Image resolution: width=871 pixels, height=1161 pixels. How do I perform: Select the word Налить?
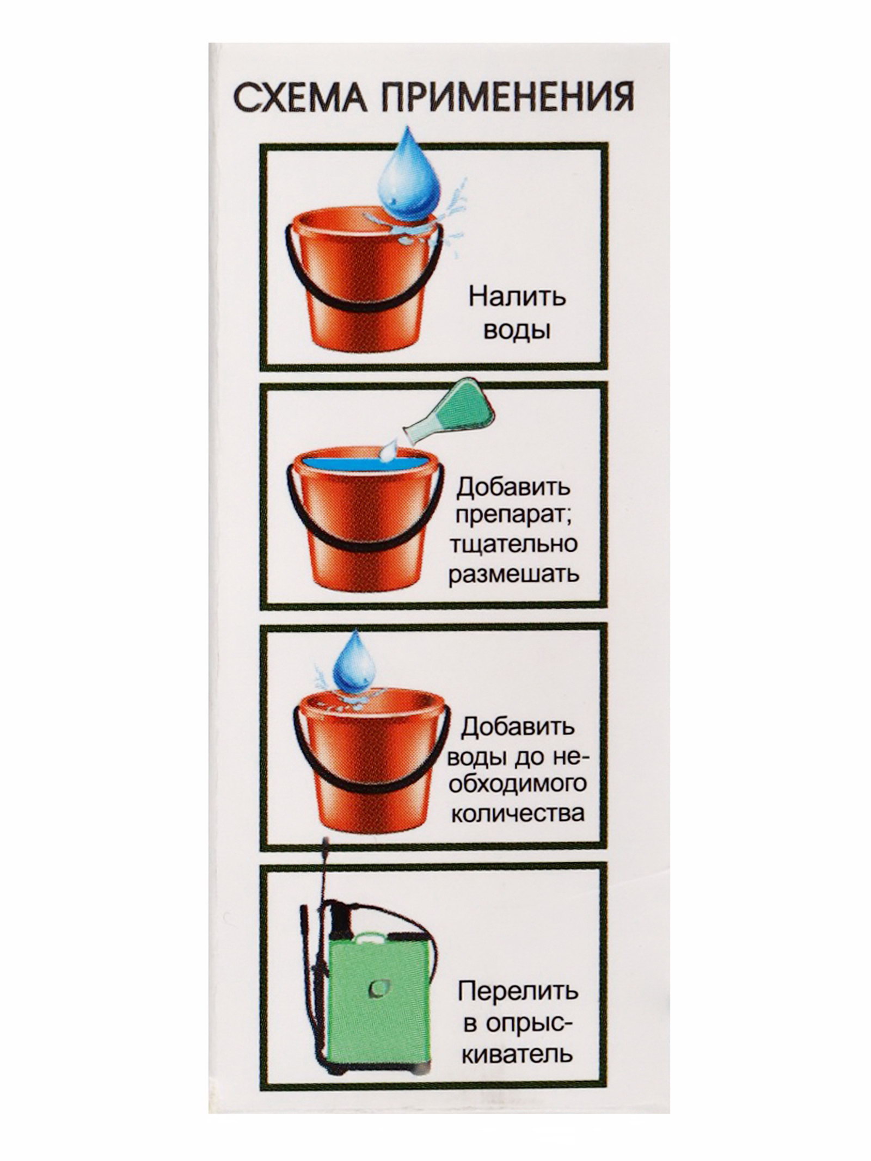517,298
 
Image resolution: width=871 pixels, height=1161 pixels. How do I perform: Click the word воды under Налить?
517,331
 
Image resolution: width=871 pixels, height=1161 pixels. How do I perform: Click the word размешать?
513,575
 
